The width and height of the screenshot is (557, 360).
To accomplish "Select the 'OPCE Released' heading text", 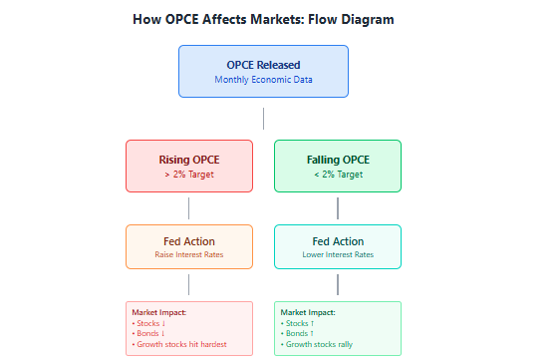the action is [x=263, y=65].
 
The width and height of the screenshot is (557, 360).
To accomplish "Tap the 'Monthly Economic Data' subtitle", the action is [x=263, y=80].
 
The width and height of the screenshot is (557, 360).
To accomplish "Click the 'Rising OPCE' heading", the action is [x=189, y=160].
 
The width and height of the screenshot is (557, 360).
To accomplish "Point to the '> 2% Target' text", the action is [x=189, y=175].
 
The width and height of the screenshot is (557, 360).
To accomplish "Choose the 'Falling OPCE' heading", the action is [x=338, y=160].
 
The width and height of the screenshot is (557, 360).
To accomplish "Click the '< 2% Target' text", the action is [x=338, y=175].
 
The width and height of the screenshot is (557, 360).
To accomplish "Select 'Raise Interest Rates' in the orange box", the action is [x=189, y=254].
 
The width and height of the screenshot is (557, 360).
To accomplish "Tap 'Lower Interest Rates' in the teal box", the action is [x=338, y=254].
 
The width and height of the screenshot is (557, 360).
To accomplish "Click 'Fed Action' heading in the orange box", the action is [x=189, y=241].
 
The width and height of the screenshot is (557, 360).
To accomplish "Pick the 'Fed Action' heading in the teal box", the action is [x=338, y=241].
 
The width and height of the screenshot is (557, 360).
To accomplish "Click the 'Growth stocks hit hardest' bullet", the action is [x=179, y=344].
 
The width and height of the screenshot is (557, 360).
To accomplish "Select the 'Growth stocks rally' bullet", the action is [x=317, y=344].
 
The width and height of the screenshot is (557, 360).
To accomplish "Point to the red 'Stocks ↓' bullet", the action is [x=148, y=323].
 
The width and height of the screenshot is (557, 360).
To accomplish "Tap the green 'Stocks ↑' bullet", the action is [x=297, y=323].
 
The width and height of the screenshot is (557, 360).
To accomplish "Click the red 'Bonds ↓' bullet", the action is [x=148, y=333].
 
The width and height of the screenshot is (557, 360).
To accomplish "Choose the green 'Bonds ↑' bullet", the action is [x=297, y=333].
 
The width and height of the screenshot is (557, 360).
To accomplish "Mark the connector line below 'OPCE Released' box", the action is [x=263, y=119].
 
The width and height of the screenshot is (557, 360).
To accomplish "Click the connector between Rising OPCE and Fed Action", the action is [x=188, y=208].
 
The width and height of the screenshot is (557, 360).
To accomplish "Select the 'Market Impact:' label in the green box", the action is [x=308, y=313].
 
